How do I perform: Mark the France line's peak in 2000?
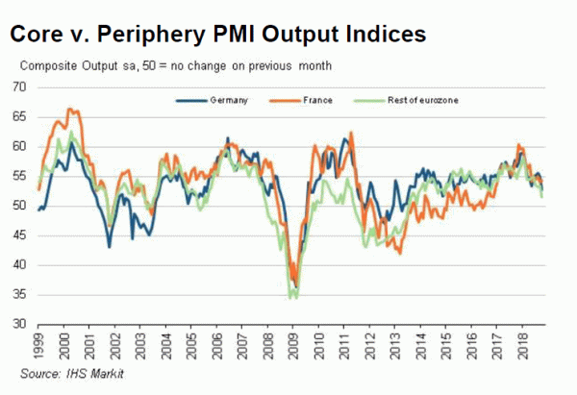coord(70,110)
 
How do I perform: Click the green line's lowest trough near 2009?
coord(292,298)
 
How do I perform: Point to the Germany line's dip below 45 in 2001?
coord(110,247)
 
